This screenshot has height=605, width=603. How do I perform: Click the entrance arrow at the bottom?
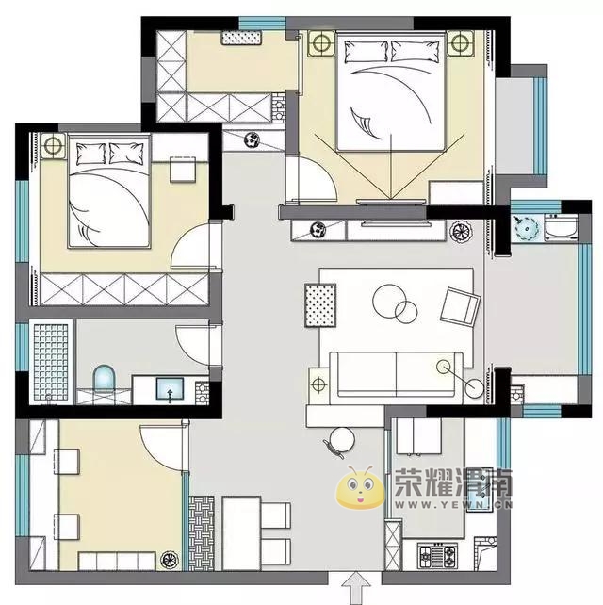(x=356, y=587)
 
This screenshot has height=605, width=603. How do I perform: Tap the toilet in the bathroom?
(x=105, y=379)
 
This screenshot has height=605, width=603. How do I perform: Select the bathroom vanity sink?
(x=170, y=388)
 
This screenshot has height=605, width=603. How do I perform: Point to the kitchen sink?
(x=480, y=490)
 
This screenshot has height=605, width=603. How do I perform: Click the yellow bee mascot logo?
(x=360, y=487)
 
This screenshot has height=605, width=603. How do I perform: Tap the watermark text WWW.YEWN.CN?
(x=454, y=505)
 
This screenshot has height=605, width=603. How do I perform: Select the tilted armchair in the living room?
(x=460, y=306)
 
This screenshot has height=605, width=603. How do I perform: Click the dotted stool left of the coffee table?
(x=320, y=305)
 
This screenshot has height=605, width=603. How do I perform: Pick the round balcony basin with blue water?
(x=526, y=228)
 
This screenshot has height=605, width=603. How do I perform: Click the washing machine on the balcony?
(x=561, y=229)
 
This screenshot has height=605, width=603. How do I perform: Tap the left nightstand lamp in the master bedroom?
(x=321, y=42)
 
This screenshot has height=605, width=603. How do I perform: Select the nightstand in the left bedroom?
(x=53, y=145)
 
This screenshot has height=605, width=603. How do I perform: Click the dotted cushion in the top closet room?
(x=242, y=38)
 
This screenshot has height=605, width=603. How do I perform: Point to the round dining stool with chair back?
(x=340, y=441)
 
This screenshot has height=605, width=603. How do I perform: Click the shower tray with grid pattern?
(x=51, y=362)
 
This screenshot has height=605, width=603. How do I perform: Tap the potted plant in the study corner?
(x=170, y=559)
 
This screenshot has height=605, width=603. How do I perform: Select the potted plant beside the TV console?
(x=461, y=232)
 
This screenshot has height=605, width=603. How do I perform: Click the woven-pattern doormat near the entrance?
(x=202, y=533)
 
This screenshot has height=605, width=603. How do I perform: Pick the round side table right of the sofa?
(x=474, y=387)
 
